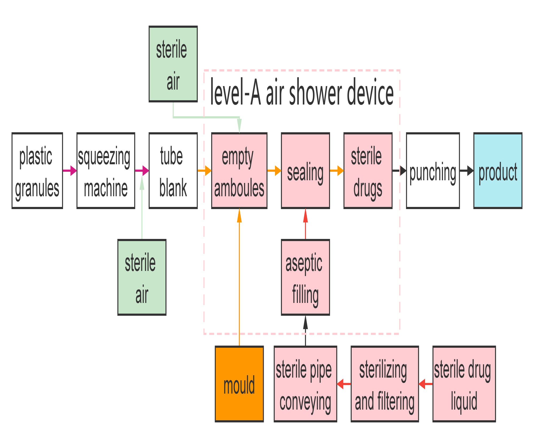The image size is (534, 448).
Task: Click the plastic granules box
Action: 37,171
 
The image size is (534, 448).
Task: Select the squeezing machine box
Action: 106,171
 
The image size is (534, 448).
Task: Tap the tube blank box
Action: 173,171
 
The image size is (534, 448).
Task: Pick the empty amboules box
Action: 239,171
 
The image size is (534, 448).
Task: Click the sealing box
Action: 305,171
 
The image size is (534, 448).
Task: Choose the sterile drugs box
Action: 368,171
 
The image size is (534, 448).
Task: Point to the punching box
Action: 433,171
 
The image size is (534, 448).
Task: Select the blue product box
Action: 498,171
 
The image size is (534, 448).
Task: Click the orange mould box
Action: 239,384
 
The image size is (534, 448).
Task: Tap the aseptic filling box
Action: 305,277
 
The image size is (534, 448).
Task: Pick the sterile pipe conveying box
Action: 305,384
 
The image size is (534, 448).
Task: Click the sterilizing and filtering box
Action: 384,384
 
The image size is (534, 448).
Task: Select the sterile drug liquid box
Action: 464,384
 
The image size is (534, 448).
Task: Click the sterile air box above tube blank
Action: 173,64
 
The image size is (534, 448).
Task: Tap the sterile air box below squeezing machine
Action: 142,277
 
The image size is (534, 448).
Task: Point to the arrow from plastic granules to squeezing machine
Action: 70,171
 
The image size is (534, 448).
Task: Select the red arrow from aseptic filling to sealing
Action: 305,224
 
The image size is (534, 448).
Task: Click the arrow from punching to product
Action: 467,171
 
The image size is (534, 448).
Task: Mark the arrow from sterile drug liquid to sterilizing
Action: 426,384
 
